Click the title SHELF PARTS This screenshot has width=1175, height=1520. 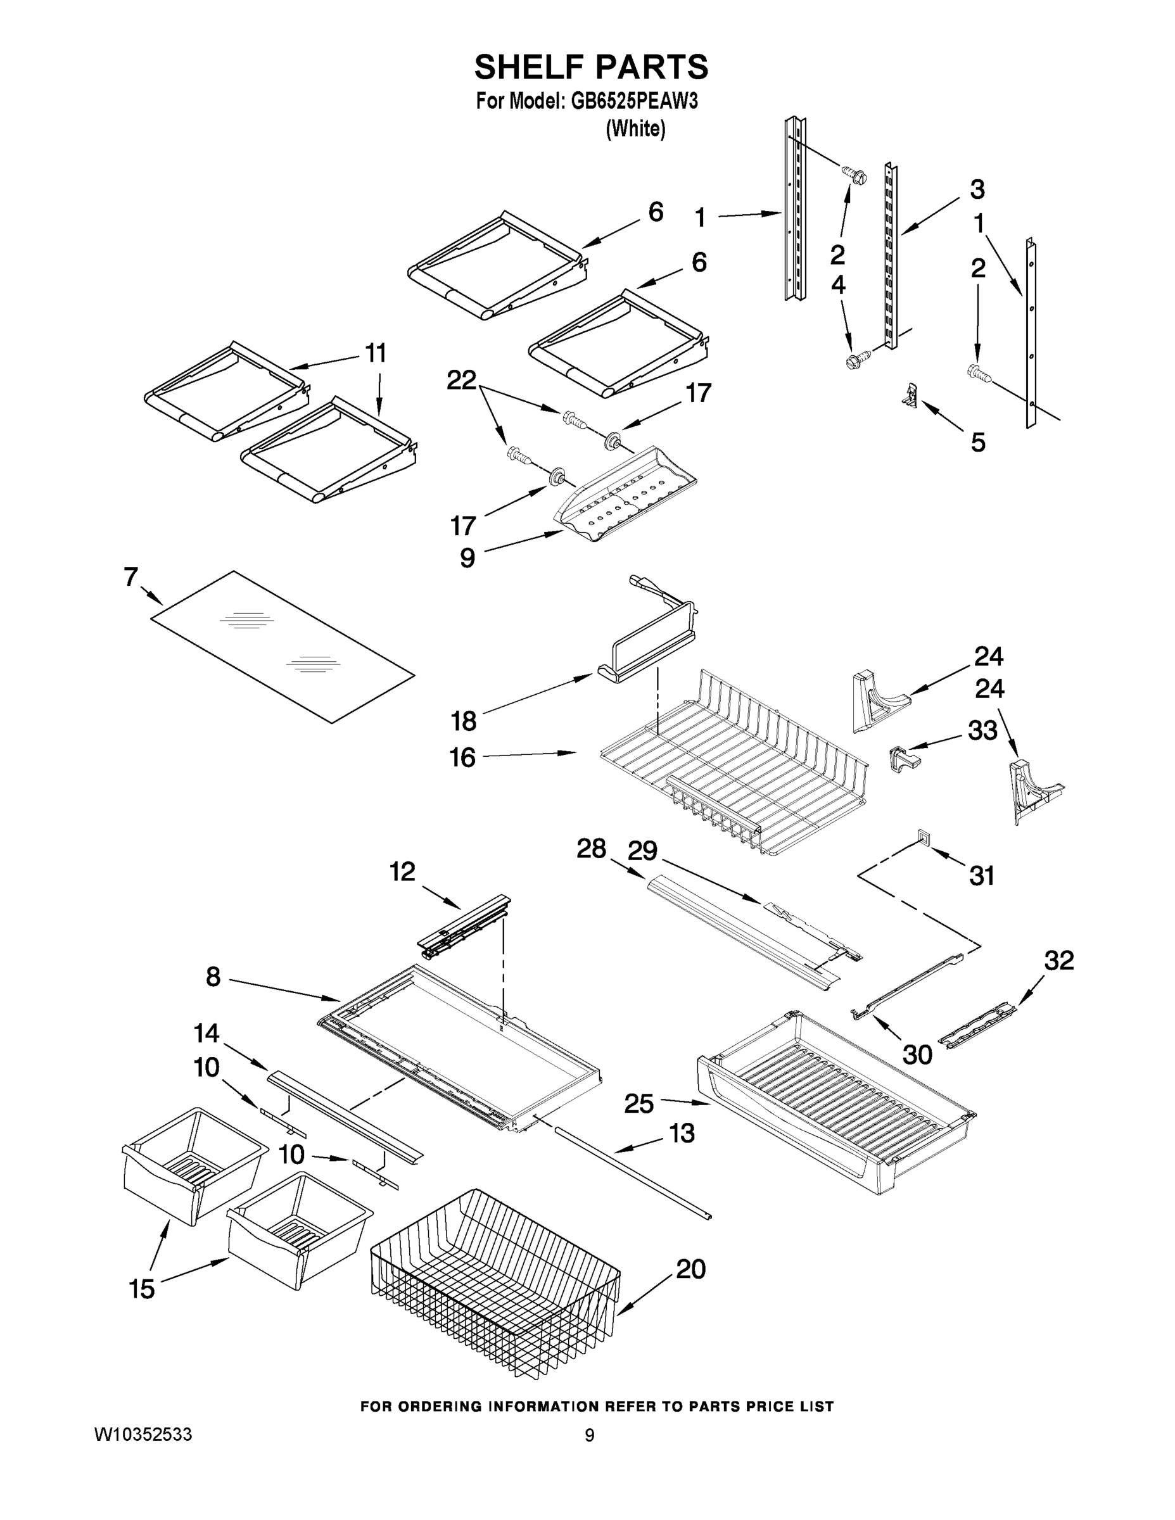591,68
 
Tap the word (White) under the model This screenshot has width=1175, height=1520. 635,129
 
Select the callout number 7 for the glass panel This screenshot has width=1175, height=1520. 131,577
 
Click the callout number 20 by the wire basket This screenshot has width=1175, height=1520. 690,1269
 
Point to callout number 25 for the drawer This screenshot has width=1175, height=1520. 639,1104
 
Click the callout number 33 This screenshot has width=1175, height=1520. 982,730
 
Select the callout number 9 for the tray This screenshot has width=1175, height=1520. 467,557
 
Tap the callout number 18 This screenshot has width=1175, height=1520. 464,721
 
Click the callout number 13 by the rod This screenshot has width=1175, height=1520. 682,1133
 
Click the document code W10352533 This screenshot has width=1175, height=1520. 143,1435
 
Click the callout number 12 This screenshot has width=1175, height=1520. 402,871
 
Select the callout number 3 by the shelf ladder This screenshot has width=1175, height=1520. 977,189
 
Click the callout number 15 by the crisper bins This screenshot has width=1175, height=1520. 142,1289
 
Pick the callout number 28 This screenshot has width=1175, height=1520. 591,849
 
